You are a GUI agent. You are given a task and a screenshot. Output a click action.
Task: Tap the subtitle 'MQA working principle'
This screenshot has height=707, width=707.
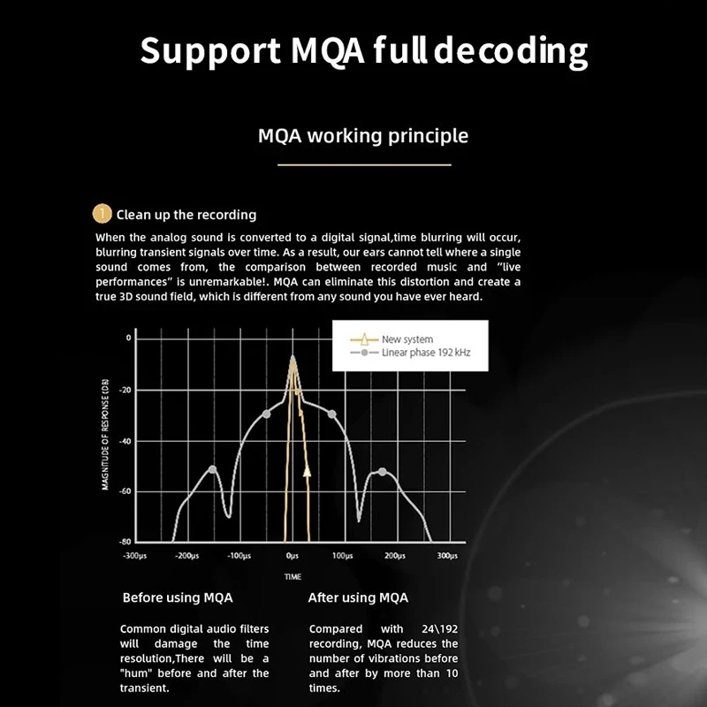pyautogui.click(x=362, y=136)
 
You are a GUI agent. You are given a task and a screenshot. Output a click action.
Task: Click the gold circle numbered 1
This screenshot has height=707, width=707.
pyautogui.click(x=103, y=214)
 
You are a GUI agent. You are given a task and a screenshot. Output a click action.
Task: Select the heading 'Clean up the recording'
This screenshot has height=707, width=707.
pyautogui.click(x=186, y=215)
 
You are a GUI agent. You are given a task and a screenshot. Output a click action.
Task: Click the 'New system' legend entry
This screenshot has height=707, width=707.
pyautogui.click(x=407, y=339)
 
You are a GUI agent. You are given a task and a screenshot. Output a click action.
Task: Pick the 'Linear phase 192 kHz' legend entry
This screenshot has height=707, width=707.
pyautogui.click(x=426, y=352)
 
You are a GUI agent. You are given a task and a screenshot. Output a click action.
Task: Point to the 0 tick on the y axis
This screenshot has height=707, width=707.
pyautogui.click(x=128, y=338)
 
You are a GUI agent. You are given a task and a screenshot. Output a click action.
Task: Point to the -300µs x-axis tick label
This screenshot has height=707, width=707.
pyautogui.click(x=135, y=556)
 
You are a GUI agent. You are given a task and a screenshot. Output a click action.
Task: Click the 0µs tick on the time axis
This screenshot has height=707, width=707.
pyautogui.click(x=293, y=556)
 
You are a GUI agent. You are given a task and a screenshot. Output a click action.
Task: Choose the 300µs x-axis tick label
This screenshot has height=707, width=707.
pyautogui.click(x=447, y=556)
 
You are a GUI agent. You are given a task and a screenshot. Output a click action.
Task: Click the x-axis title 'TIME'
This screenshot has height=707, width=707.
pyautogui.click(x=293, y=576)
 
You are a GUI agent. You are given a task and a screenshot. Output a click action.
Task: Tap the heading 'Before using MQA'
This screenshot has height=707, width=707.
pyautogui.click(x=178, y=597)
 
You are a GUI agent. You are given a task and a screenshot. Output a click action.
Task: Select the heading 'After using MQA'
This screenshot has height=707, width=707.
pyautogui.click(x=358, y=597)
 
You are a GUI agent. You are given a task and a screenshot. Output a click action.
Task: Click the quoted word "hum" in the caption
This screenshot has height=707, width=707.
pyautogui.click(x=139, y=673)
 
